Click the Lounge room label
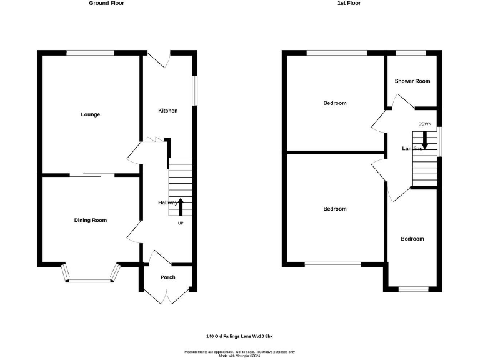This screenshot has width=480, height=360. [x=91, y=114]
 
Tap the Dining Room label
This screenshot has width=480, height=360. [x=91, y=220]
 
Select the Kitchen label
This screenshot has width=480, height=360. [x=167, y=111]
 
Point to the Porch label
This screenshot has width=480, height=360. [x=167, y=277]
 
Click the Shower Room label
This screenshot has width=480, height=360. [x=412, y=81]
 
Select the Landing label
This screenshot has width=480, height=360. [x=412, y=149]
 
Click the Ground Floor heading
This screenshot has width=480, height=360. [x=106, y=3]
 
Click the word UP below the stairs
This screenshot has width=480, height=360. [x=181, y=223]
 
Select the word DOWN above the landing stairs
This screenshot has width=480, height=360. [x=425, y=124]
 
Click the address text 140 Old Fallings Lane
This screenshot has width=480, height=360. [x=240, y=336]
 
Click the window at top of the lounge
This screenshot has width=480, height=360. [x=91, y=53]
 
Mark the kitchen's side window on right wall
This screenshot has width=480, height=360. [x=194, y=91]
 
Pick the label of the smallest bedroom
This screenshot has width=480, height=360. [x=412, y=239]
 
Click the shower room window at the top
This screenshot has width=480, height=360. [x=410, y=53]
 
